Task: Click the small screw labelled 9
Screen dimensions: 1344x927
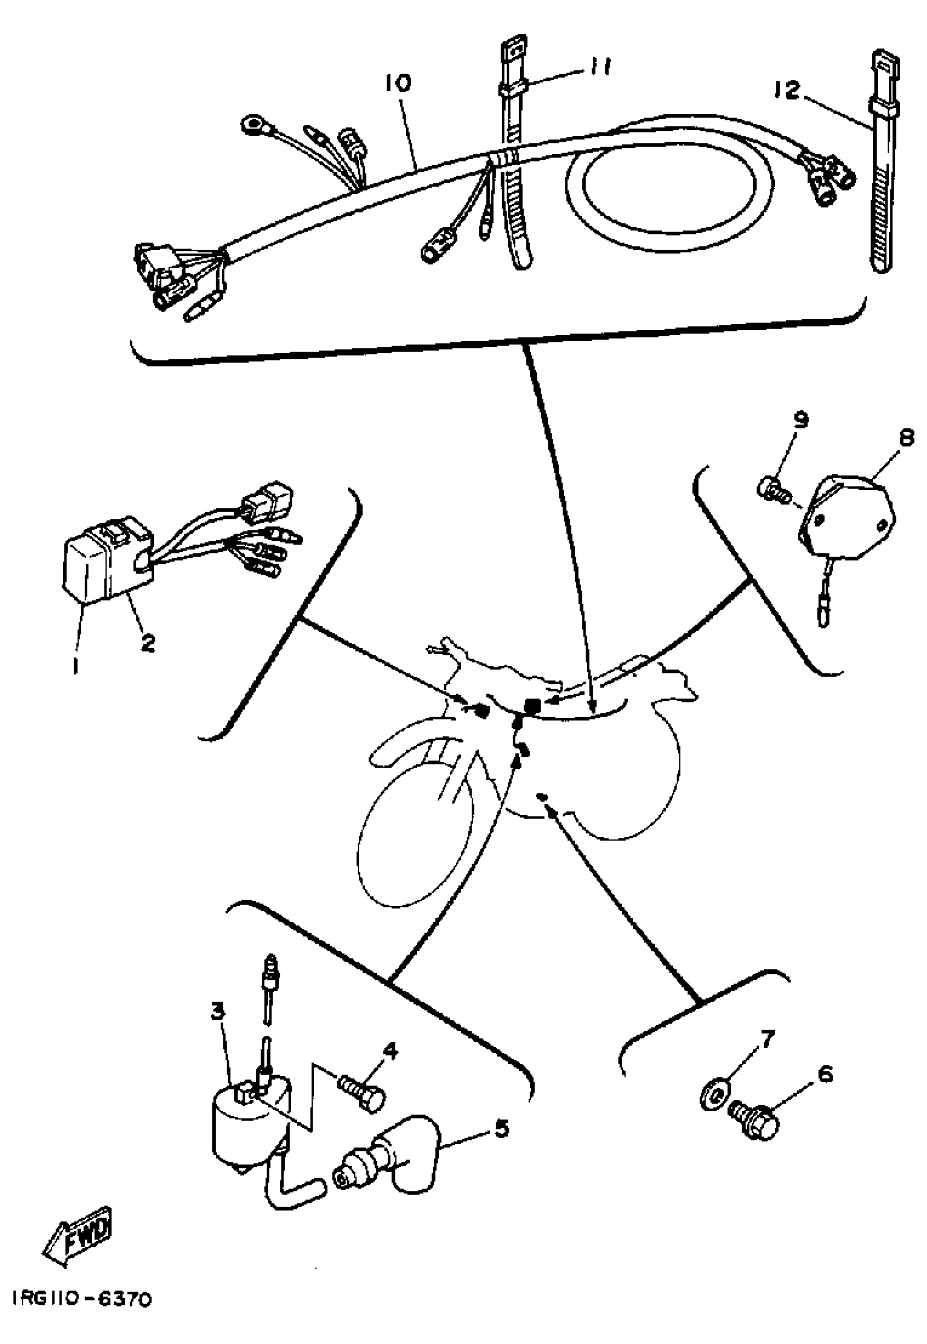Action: click(x=773, y=489)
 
